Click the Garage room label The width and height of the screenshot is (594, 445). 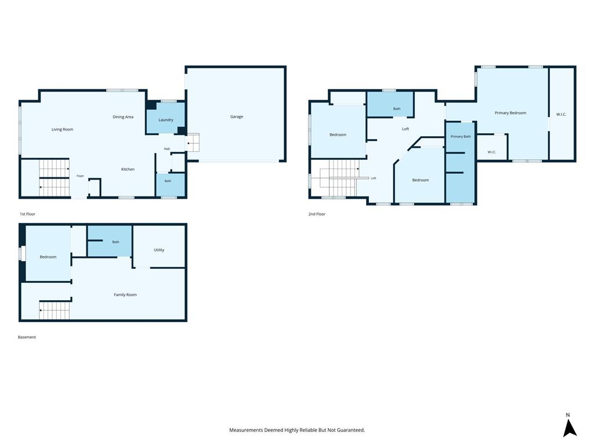pyautogui.click(x=237, y=116)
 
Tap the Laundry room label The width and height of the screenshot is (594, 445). pyautogui.click(x=165, y=120)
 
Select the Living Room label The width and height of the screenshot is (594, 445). pyautogui.click(x=63, y=129)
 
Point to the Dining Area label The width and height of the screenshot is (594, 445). pyautogui.click(x=123, y=117)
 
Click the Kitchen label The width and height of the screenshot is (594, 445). pyautogui.click(x=128, y=169)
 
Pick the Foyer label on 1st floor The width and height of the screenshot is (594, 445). pyautogui.click(x=80, y=176)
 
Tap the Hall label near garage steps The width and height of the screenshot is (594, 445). pyautogui.click(x=166, y=149)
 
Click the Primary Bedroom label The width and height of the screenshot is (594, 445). pyautogui.click(x=510, y=113)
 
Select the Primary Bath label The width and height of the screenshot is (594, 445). pyautogui.click(x=461, y=137)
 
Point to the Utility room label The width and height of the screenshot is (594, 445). pyautogui.click(x=159, y=250)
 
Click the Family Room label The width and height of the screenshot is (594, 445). pyautogui.click(x=125, y=295)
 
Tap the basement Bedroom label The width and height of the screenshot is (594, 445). pyautogui.click(x=48, y=257)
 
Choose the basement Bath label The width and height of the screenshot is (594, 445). pyautogui.click(x=115, y=242)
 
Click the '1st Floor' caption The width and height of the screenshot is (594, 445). pyautogui.click(x=27, y=214)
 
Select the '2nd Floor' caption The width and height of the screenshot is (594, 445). pyautogui.click(x=317, y=214)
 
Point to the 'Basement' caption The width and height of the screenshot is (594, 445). pyautogui.click(x=27, y=337)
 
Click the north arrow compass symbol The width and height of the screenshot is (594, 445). pyautogui.click(x=569, y=428)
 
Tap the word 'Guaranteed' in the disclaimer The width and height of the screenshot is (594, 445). pyautogui.click(x=351, y=431)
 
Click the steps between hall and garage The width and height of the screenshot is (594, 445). pyautogui.click(x=193, y=143)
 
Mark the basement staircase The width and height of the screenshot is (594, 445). pyautogui.click(x=54, y=311)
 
